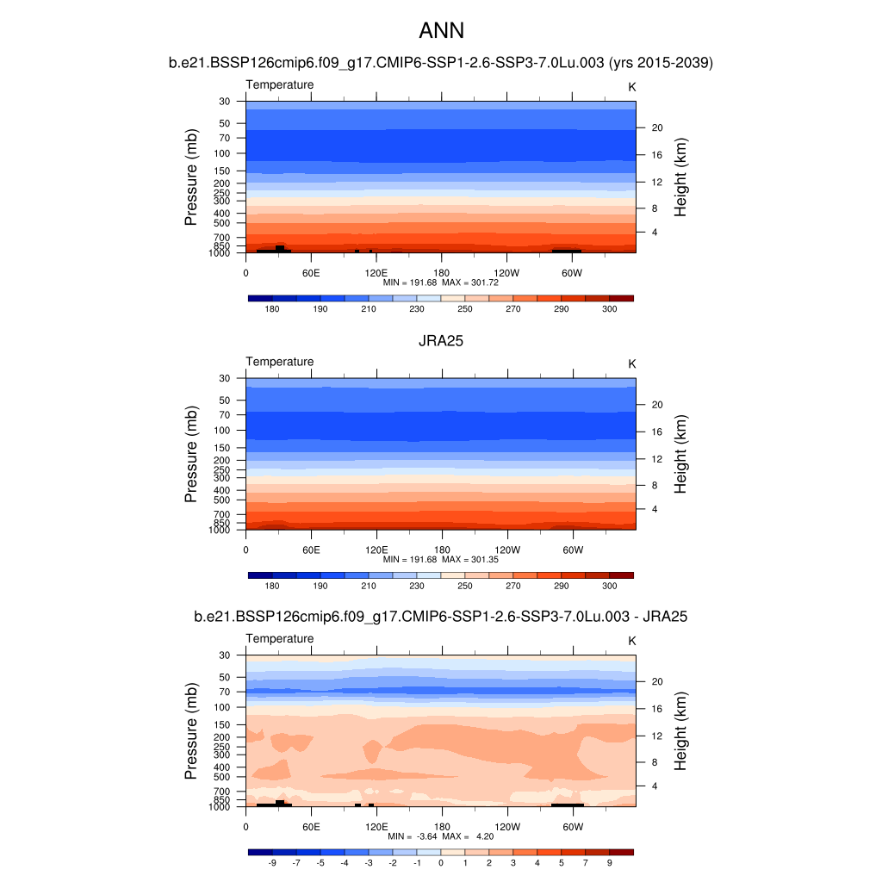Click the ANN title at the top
(x=441, y=31)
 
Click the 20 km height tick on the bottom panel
(x=656, y=681)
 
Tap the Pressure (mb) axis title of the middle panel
(x=191, y=455)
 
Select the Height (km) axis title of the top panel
(x=680, y=177)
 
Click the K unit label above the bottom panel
(x=632, y=642)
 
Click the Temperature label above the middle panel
(x=280, y=362)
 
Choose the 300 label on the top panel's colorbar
(x=609, y=309)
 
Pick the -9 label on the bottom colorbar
(x=272, y=862)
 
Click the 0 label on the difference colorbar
(x=441, y=862)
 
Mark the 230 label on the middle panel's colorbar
(x=417, y=586)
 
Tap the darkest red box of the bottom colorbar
(x=621, y=852)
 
